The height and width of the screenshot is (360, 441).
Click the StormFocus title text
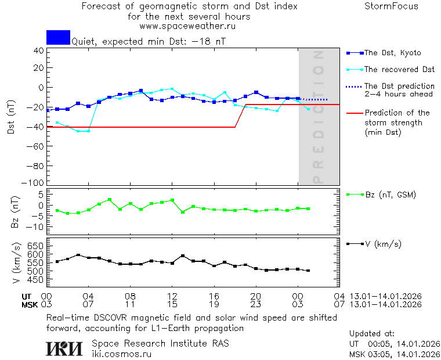point(391,6)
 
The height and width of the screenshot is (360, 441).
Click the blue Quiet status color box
point(58,37)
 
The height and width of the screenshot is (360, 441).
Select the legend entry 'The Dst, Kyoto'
point(393,53)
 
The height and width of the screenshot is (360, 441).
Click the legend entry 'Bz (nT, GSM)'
point(390,195)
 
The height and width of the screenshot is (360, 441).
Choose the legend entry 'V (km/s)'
point(382,244)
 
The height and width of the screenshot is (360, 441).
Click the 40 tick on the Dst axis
point(39,51)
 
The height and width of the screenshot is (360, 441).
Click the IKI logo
point(64,348)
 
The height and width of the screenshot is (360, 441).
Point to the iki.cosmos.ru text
point(122,353)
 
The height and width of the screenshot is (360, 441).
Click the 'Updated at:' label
point(372,334)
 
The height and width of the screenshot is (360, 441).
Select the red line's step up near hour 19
point(241,116)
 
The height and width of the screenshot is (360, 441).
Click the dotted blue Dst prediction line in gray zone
point(316,100)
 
